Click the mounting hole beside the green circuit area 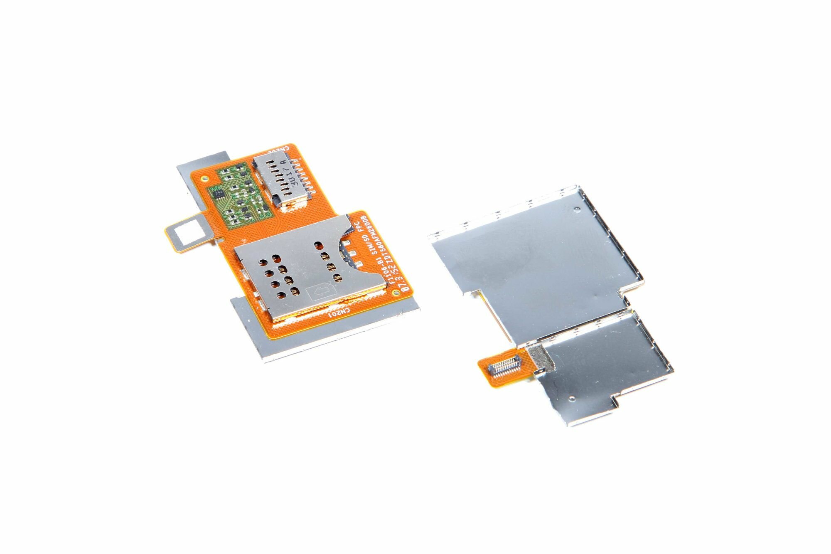click(204, 179)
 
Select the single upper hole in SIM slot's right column click(319, 246)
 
